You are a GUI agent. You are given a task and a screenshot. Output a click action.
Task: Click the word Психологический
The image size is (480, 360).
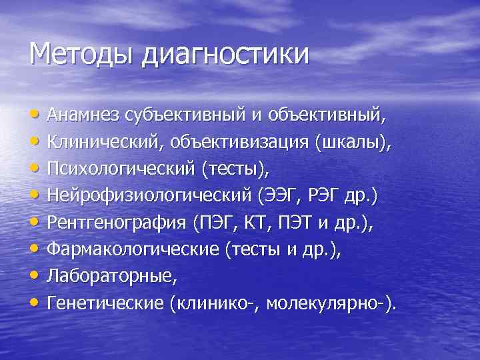pyautogui.click(x=121, y=169)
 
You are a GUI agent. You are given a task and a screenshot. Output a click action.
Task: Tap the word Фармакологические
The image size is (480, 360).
pyautogui.click(x=133, y=251)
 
